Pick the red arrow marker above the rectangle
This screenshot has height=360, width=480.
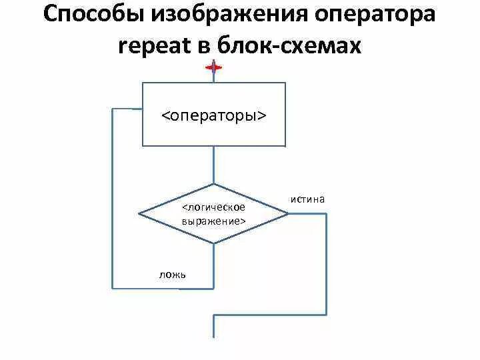213,68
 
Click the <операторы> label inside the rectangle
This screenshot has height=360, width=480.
214,115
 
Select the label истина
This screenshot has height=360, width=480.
307,199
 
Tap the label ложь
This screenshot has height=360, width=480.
173,274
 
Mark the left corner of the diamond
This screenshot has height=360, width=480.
139,214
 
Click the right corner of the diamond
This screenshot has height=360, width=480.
289,214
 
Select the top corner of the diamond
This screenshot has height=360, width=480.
214,184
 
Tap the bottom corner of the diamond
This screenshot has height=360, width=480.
214,243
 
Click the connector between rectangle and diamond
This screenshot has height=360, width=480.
214,165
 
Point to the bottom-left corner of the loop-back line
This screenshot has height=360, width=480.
113,288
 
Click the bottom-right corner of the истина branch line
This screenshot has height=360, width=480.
326,314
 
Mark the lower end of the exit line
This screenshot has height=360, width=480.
213,337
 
